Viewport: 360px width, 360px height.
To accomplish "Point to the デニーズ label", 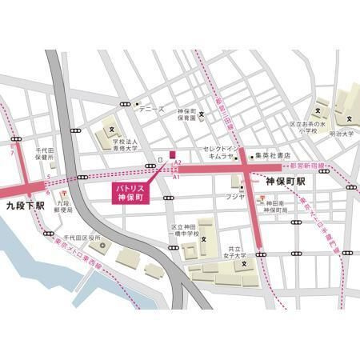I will click(151, 109).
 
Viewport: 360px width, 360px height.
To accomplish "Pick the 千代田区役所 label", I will click(82, 238).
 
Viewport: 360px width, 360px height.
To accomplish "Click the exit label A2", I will click(178, 163).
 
